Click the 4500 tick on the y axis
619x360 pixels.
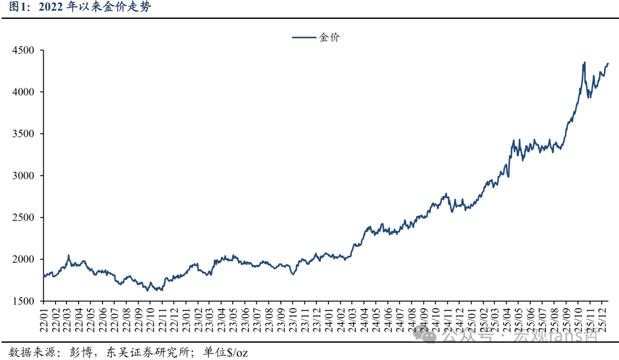[x=24, y=50]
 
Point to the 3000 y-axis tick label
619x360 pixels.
[x=24, y=175]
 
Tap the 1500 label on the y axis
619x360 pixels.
[x=24, y=301]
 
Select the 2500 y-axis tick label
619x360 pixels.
[x=24, y=217]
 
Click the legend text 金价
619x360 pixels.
[x=330, y=37]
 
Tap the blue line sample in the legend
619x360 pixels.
[x=304, y=37]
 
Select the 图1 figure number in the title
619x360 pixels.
[x=12, y=8]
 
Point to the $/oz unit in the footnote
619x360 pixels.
[x=236, y=351]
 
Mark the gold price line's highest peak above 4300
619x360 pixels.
[x=584, y=62]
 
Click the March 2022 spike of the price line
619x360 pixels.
[x=68, y=256]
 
